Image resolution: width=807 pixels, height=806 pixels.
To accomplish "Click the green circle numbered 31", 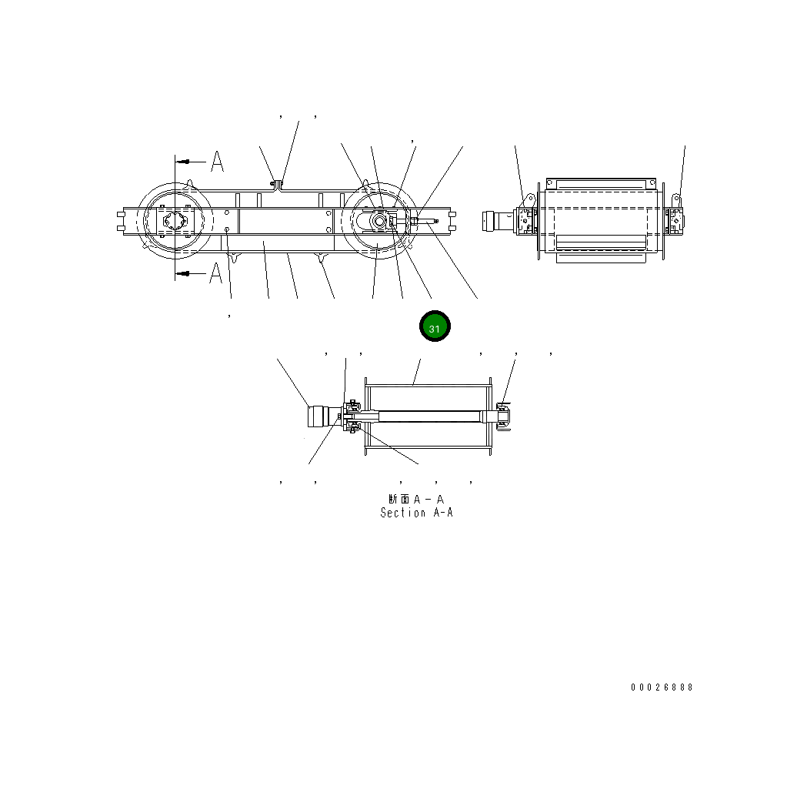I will point(435,327).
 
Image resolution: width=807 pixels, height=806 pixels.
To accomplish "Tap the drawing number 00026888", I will point(662,687).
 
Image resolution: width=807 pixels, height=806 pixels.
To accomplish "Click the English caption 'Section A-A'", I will point(416,513).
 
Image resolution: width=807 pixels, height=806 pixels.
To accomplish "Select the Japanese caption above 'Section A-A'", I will point(416,500).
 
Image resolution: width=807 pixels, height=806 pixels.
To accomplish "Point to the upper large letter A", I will point(217,162).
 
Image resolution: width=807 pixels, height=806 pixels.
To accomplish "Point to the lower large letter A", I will point(217,273).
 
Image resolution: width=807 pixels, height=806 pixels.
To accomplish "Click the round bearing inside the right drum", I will point(379,220).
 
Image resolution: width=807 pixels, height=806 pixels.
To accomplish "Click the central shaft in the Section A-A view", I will point(427,416).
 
